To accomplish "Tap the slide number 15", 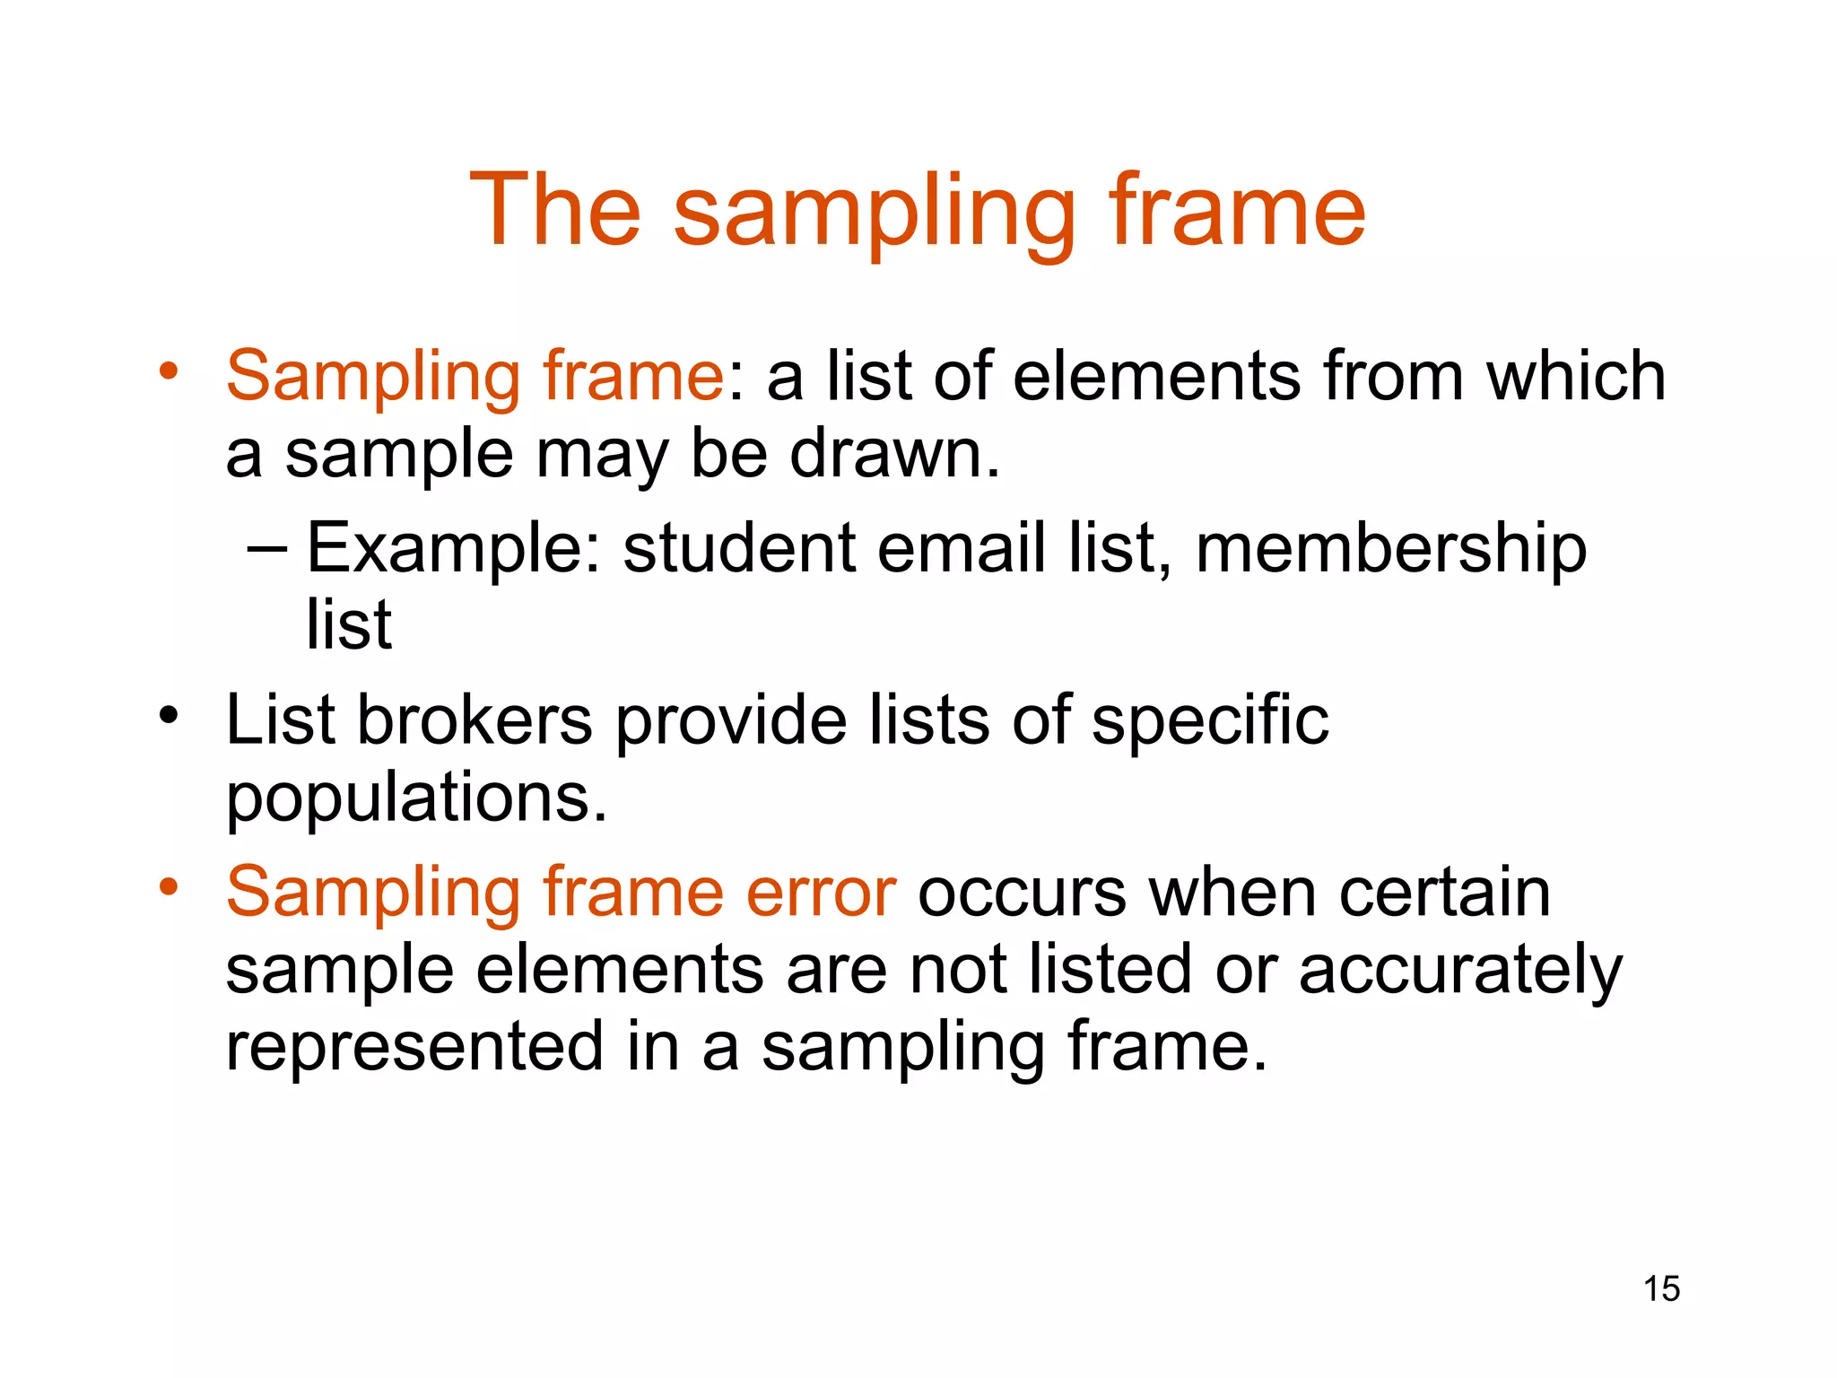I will pos(1661,1288).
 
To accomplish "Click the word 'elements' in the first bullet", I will pos(1156,376).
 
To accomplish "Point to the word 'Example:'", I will pos(454,549).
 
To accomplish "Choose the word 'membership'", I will pos(1391,549).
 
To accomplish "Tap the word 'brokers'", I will pos(474,720).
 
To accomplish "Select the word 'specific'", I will pos(1210,721).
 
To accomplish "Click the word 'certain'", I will pos(1444,892).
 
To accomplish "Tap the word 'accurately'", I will pos(1460,971).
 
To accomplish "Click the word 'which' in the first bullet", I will pos(1576,376).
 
